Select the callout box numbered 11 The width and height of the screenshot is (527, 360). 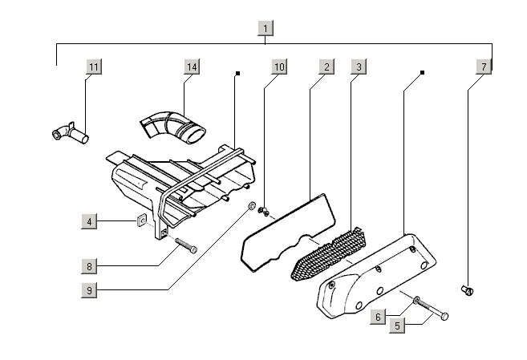tap(94, 67)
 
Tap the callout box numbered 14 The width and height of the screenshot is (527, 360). tap(191, 67)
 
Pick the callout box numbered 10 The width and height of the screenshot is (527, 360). tap(278, 67)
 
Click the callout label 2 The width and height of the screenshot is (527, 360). tap(325, 67)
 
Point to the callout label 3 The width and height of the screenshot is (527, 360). tap(359, 67)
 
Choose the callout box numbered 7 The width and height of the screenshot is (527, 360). tap(483, 67)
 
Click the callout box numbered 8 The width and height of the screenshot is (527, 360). tap(91, 265)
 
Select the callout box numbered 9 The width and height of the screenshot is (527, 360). tap(91, 290)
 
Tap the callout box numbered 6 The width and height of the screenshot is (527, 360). tap(377, 318)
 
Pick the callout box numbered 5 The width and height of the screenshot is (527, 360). tap(396, 326)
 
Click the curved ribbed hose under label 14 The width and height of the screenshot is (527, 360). tap(172, 126)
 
